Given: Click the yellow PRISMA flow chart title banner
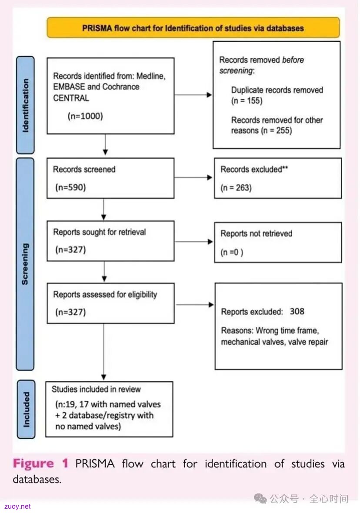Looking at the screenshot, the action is click(193, 28).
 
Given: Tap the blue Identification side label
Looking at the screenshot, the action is click(25, 105).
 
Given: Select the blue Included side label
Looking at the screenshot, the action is click(26, 409).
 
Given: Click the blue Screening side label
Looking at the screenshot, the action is click(25, 264).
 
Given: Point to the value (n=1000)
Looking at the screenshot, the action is click(85, 116).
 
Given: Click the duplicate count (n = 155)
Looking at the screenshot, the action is click(247, 101).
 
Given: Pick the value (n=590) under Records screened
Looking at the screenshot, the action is click(70, 187).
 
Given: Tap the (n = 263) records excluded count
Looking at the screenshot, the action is click(236, 188).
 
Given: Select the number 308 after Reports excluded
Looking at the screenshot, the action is click(297, 311).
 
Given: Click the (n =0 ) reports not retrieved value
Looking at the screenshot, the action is click(232, 252).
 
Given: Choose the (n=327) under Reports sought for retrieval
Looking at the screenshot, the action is click(70, 250).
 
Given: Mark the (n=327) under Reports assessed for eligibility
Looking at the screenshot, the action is click(70, 312).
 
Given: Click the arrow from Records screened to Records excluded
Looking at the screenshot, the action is click(193, 177).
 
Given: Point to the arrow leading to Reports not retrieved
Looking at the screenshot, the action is click(194, 242).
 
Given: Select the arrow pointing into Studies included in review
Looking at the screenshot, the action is click(104, 352).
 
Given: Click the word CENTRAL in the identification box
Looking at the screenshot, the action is click(71, 98).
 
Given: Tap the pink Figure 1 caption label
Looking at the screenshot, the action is click(40, 463).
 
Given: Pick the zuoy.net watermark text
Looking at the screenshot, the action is click(18, 506).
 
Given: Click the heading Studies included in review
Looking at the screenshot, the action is click(96, 389).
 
